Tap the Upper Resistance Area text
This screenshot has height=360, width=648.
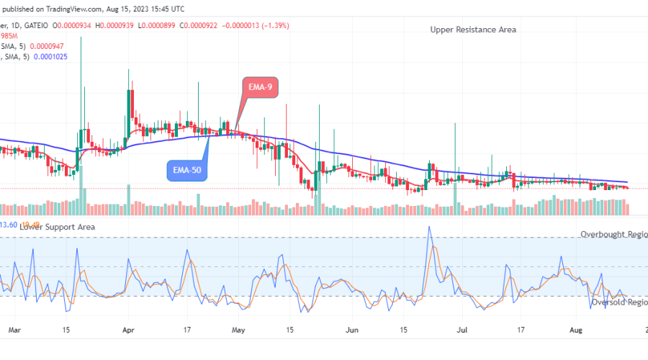(473, 30)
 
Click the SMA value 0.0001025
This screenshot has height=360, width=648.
(45, 56)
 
